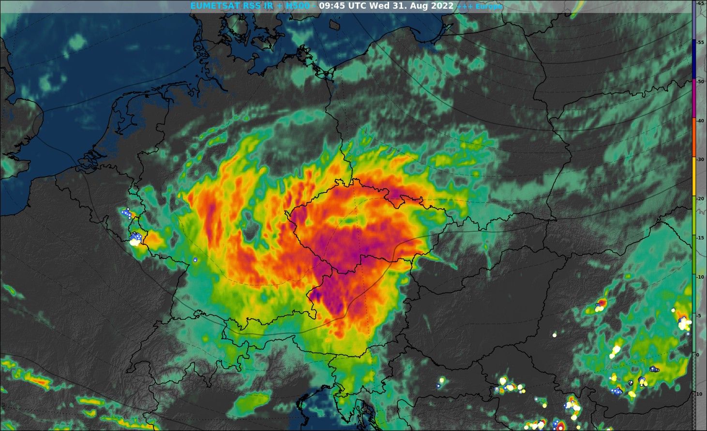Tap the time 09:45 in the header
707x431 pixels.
[x=332, y=6]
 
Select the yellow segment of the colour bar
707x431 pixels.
[x=694, y=179]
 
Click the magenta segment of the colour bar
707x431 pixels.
[x=694, y=99]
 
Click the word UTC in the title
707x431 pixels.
[x=359, y=6]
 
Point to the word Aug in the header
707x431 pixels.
[x=419, y=6]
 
